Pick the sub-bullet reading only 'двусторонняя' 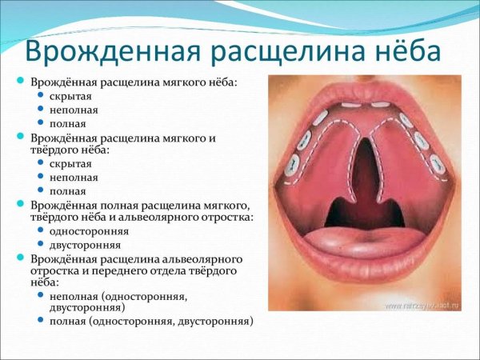pos(83,245)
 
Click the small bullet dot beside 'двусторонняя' pos(41,245)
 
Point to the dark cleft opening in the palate pos(365,172)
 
